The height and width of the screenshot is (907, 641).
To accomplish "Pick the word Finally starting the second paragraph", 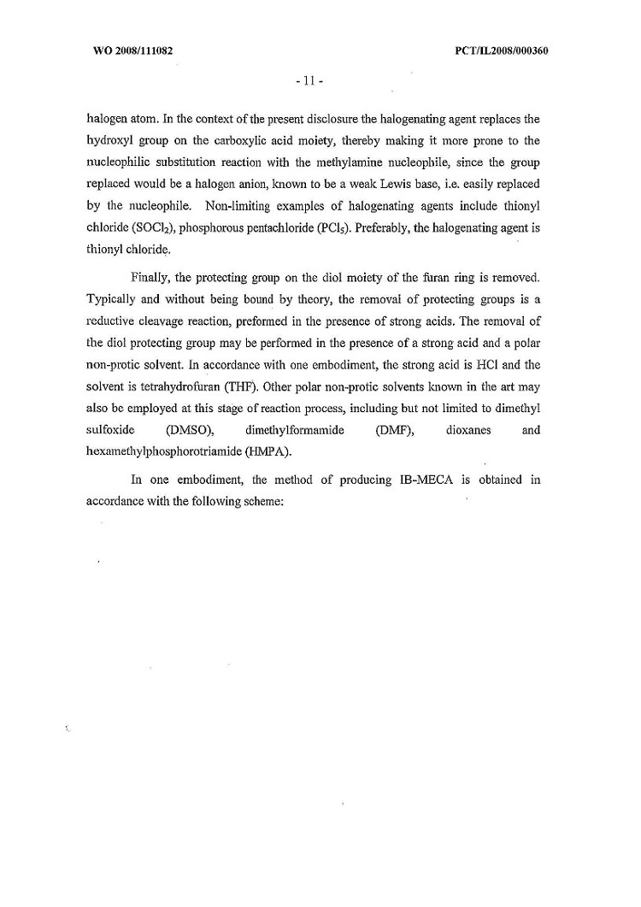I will (151, 278).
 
